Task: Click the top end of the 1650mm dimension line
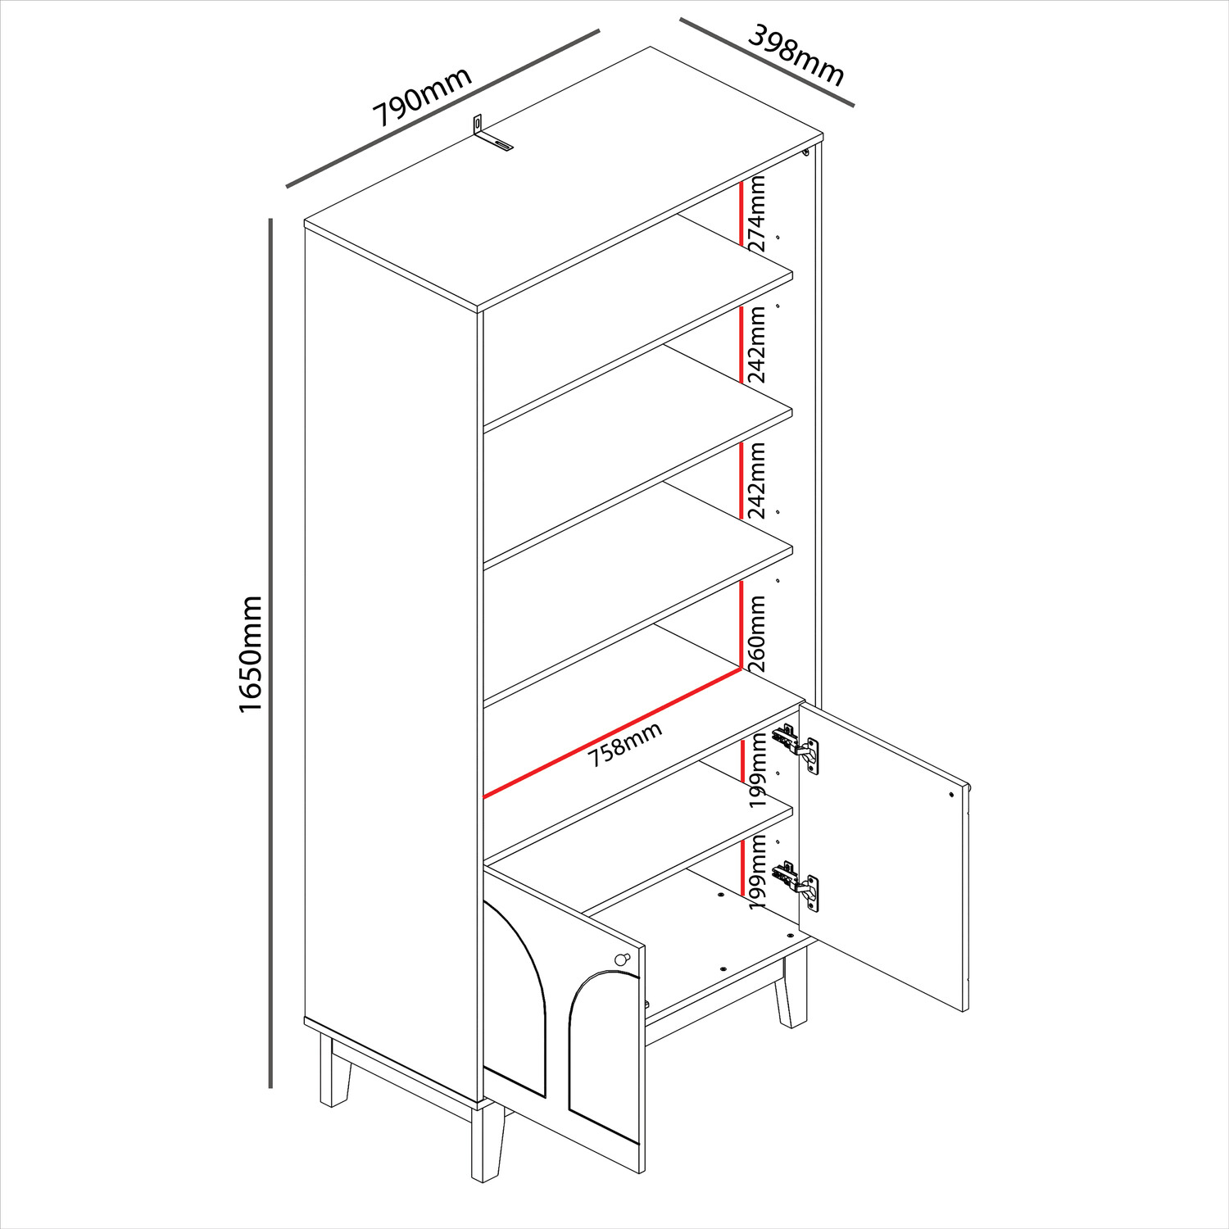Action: tap(270, 219)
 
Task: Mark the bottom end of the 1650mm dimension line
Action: tap(270, 1087)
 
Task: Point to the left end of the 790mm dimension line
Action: tap(287, 186)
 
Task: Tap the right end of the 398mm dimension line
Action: tap(854, 105)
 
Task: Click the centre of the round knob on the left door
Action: tap(621, 959)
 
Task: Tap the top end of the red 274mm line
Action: tap(741, 180)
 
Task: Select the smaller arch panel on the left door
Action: tap(603, 1057)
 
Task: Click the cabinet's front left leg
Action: tap(486, 1141)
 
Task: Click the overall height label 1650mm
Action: tap(250, 654)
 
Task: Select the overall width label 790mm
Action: tap(423, 97)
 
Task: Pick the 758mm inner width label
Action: tap(625, 745)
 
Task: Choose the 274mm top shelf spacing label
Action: tap(757, 214)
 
